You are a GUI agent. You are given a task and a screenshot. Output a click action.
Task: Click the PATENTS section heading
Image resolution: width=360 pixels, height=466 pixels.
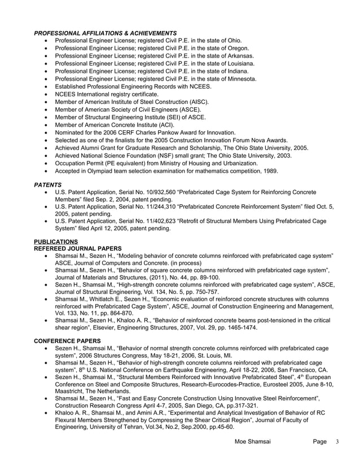[x=48, y=184]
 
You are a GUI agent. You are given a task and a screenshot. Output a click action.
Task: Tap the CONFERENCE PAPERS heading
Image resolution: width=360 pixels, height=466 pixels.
[x=68, y=341]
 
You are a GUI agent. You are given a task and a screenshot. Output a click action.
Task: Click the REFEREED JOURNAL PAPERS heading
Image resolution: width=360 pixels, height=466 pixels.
[x=78, y=248]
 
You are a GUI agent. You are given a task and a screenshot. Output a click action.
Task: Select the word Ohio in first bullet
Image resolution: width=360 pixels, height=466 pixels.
[x=233, y=41]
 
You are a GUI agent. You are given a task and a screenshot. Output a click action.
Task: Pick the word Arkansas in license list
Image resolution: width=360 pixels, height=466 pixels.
[x=240, y=56]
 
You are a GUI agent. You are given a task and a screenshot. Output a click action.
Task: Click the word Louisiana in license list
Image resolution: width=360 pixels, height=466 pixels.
[x=240, y=64]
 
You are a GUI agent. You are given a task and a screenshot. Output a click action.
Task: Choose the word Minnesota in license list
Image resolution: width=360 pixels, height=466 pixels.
[x=242, y=79]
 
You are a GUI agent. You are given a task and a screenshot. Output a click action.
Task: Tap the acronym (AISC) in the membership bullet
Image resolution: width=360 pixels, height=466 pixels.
[x=197, y=102]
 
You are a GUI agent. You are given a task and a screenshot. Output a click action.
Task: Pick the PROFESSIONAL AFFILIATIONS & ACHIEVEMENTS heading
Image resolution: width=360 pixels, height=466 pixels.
[x=105, y=33]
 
